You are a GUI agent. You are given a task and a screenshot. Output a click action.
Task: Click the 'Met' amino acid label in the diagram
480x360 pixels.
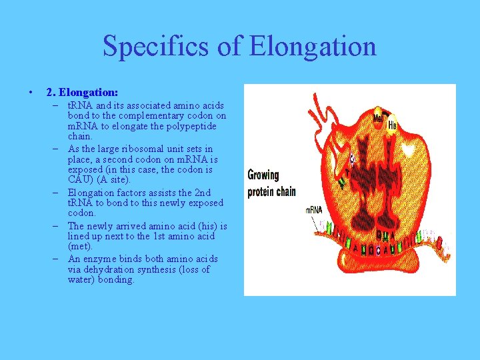click(378, 118)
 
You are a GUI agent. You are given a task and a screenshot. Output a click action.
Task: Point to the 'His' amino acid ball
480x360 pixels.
click(392, 125)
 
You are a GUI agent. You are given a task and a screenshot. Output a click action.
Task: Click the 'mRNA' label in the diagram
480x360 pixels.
click(315, 209)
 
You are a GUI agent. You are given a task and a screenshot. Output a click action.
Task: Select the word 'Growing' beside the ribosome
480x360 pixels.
click(263, 175)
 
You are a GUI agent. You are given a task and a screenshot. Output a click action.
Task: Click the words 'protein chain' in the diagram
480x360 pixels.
click(271, 191)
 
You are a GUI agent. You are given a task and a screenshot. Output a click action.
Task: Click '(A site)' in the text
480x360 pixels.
click(115, 179)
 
